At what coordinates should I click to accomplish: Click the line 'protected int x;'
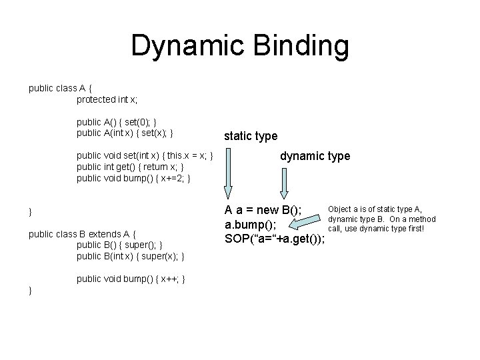point(107,100)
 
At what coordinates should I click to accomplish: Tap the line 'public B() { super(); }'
point(119,245)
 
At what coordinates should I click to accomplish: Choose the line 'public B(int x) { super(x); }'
point(131,257)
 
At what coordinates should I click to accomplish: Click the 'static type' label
point(251,136)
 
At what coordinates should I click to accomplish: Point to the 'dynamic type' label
point(315,157)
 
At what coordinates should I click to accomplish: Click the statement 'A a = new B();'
point(263,211)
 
